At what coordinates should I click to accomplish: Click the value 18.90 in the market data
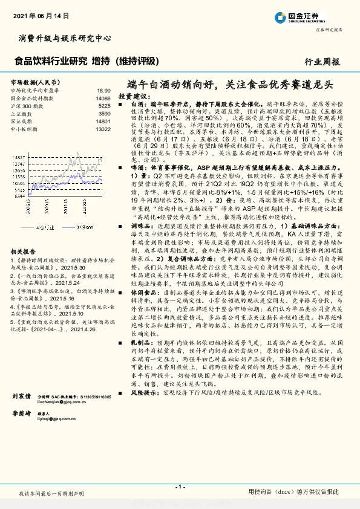103,89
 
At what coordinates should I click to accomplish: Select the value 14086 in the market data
103,97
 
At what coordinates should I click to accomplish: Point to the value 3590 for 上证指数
104,113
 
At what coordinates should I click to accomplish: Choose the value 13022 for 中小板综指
103,129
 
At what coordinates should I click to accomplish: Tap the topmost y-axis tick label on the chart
18,156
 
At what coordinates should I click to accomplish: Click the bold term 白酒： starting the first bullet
140,104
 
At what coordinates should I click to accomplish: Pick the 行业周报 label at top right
322,61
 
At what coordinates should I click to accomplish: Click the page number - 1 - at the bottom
180,486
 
